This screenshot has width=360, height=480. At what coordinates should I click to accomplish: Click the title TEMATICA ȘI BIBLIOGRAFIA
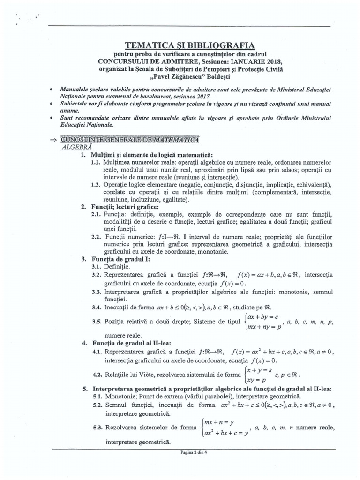click(189, 45)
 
